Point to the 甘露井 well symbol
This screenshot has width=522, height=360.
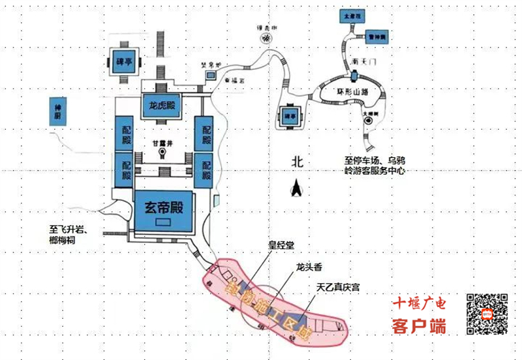(x=162, y=154)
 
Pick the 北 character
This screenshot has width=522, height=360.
(x=298, y=162)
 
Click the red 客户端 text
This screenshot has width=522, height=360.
(x=419, y=325)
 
